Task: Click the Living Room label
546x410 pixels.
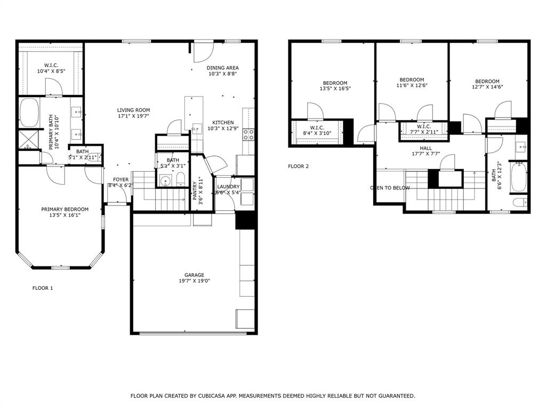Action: click(133, 110)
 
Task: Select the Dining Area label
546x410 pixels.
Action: click(222, 68)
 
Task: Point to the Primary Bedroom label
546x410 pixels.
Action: click(65, 209)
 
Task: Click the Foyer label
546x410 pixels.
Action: click(121, 179)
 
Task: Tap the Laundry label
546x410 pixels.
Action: click(228, 186)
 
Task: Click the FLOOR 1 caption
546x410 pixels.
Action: click(43, 288)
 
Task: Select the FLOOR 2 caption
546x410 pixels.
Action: click(299, 166)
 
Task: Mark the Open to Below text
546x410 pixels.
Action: click(390, 188)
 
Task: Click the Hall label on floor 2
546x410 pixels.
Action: click(426, 148)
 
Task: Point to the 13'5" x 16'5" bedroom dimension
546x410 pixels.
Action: click(335, 89)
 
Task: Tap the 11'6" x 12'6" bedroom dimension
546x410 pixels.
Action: click(412, 85)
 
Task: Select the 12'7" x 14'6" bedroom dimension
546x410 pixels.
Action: click(487, 87)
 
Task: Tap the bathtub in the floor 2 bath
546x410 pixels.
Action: click(519, 177)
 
